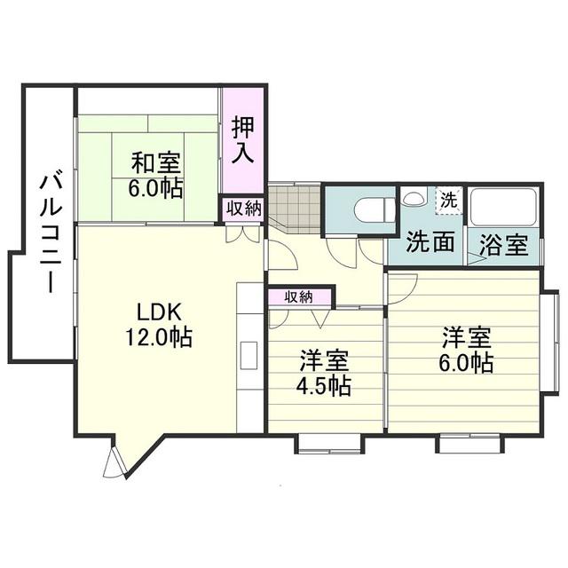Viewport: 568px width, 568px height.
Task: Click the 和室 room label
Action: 156,163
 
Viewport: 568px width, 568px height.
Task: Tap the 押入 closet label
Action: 242,140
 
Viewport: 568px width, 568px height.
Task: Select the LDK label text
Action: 159,312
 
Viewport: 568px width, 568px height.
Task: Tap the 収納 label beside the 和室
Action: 242,209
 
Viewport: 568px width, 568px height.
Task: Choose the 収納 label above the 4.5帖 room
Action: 299,297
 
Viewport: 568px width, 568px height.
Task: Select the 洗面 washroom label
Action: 430,243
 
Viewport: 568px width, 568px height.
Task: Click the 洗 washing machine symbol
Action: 449,199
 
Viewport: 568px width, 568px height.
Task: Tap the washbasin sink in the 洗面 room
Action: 413,198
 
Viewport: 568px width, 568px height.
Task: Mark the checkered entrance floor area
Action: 293,209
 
